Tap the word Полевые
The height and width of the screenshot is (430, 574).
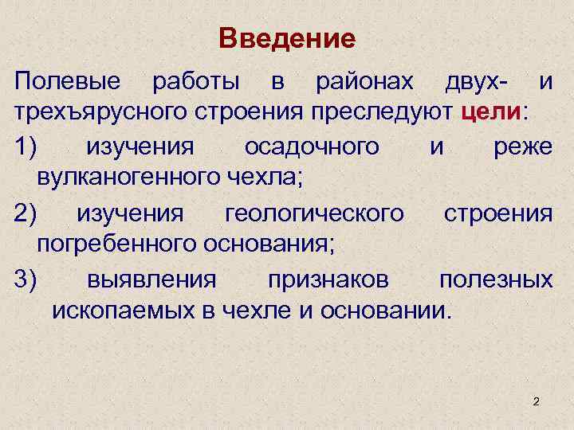coord(68,81)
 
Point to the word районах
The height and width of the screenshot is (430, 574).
coord(364,81)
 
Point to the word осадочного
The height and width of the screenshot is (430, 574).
coord(311,147)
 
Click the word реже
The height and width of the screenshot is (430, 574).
coord(522,147)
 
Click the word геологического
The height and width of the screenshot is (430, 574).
coord(315,213)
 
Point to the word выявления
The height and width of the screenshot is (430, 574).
coord(151,279)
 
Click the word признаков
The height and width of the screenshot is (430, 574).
coord(328,279)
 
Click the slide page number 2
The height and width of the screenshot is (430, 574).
coord(537,402)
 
